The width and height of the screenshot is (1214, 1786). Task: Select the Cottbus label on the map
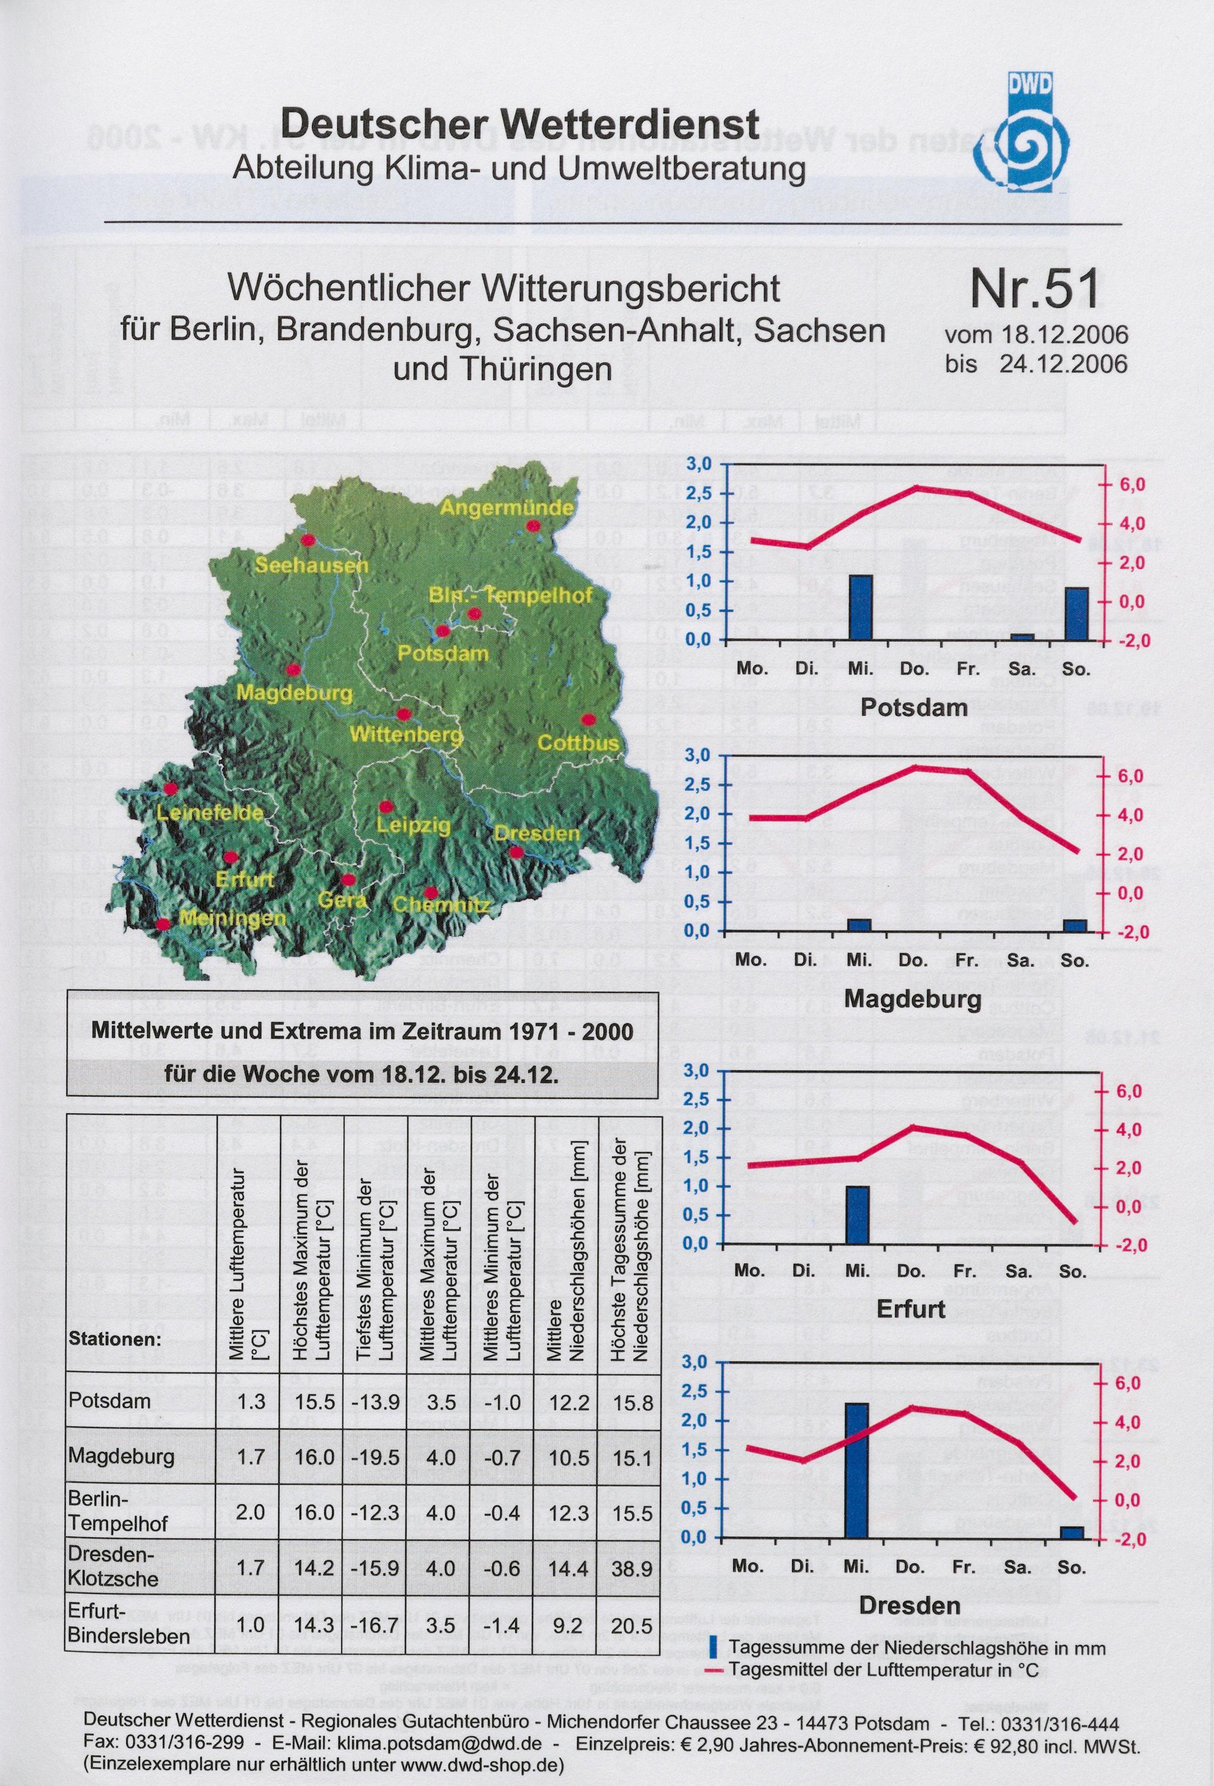pos(578,743)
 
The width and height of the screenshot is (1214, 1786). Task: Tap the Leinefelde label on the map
pos(210,812)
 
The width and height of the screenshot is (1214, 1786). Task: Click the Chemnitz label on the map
pos(441,905)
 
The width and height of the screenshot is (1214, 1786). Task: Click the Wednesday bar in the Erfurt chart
pos(858,1215)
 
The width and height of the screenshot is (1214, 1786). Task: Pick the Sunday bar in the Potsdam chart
pos(1076,613)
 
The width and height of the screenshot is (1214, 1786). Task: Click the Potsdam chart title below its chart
pos(914,707)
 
